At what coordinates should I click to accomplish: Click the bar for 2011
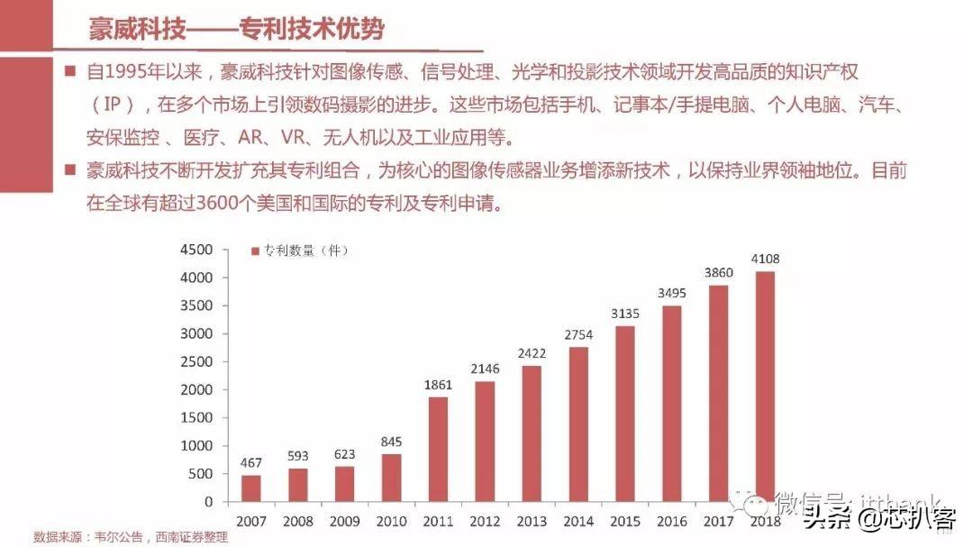[x=437, y=449]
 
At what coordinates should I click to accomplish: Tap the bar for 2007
[x=250, y=488]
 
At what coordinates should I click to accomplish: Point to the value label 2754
[x=579, y=334]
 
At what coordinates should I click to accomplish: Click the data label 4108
[x=764, y=260]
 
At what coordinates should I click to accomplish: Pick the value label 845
[x=390, y=442]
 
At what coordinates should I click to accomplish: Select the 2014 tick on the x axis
[x=578, y=521]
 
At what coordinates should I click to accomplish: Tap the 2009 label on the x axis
[x=343, y=521]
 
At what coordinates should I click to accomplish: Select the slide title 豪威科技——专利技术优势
[x=237, y=29]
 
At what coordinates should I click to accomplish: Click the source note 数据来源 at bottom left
[x=130, y=537]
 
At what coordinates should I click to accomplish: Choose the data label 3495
[x=672, y=293]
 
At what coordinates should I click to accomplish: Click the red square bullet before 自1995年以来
[x=71, y=70]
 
